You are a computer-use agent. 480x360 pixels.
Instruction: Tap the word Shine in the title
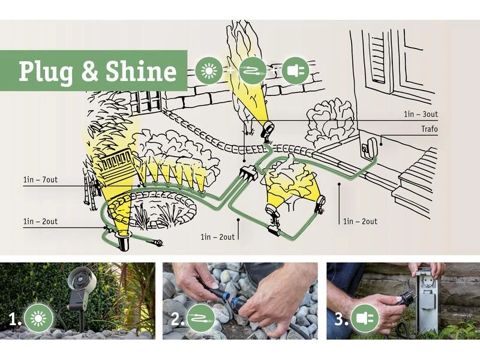[141, 71]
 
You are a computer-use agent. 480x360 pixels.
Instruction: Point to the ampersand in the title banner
[89, 71]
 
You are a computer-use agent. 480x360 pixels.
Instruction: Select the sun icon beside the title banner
[209, 70]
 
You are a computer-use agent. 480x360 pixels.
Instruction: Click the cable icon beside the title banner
[253, 71]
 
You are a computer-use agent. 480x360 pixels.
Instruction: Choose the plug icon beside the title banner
[296, 71]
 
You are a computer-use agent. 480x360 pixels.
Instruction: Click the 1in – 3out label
[421, 115]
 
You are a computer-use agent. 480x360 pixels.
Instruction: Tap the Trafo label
[430, 129]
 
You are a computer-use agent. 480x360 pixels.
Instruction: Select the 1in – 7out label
[40, 179]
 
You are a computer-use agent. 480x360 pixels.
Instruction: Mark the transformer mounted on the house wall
[370, 147]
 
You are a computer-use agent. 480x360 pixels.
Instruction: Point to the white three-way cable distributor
[249, 173]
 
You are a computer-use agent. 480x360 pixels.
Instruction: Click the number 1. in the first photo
[14, 320]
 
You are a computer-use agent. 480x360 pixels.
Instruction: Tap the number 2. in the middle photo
[177, 319]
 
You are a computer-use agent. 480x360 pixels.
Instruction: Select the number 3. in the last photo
[341, 319]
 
